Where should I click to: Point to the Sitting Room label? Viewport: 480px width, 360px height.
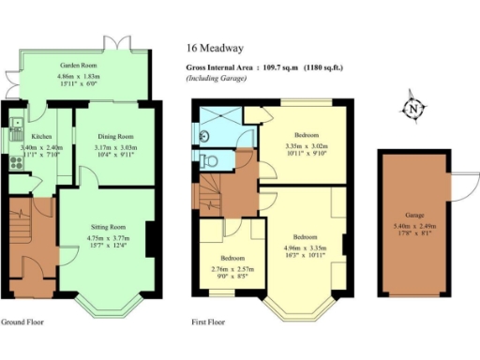click(x=105, y=228)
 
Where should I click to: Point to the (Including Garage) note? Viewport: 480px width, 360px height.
click(x=216, y=78)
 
